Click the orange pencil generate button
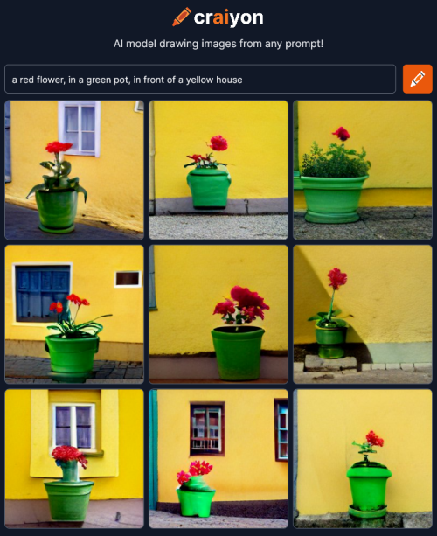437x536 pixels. (x=417, y=79)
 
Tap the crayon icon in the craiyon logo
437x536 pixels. (x=182, y=17)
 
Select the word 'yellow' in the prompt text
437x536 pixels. (x=198, y=80)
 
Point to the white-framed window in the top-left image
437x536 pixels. (x=80, y=129)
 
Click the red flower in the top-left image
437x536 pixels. (x=59, y=147)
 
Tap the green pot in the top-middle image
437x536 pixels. (x=209, y=187)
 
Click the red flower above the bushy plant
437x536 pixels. (x=341, y=133)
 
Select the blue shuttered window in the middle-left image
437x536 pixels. (x=42, y=293)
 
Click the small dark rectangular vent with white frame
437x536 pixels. (x=128, y=279)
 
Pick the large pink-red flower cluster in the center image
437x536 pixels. (x=241, y=304)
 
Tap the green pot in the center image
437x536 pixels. (x=238, y=353)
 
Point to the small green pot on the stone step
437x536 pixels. (x=330, y=340)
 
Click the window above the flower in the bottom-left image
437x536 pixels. (x=73, y=426)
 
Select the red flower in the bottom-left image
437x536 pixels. (x=69, y=455)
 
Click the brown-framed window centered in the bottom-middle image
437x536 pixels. (x=207, y=428)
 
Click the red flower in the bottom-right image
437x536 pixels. (x=374, y=439)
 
